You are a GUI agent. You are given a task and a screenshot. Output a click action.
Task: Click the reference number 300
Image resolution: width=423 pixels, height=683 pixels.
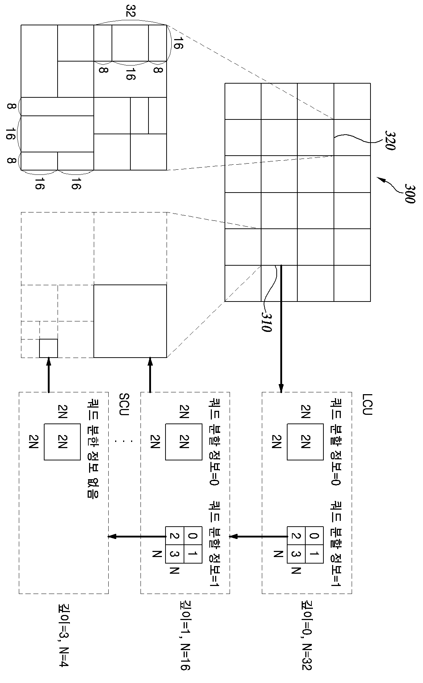410,194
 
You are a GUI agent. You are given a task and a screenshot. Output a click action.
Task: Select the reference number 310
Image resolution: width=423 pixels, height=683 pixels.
266,322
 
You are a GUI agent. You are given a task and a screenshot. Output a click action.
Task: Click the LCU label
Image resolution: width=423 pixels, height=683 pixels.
366,405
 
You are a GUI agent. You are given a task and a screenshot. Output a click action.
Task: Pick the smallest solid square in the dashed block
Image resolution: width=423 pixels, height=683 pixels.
49,348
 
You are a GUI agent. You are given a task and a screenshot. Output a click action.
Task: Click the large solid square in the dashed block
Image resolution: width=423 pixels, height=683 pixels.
130,321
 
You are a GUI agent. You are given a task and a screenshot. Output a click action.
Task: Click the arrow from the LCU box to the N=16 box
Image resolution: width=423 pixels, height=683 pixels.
259,536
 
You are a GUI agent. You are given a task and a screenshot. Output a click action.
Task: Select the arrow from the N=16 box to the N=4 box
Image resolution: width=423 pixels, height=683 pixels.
137,536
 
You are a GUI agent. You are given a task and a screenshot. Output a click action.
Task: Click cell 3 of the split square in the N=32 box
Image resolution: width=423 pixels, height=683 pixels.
296,554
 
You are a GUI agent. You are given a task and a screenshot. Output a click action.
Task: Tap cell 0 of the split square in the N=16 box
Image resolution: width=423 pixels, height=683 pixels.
193,536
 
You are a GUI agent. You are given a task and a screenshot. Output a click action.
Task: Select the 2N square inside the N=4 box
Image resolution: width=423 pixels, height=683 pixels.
62,442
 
